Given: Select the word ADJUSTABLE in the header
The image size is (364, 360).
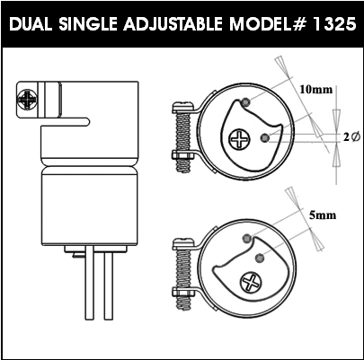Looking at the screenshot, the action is pyautogui.click(x=173, y=24).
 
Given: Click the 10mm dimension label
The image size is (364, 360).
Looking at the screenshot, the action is pyautogui.click(x=316, y=90).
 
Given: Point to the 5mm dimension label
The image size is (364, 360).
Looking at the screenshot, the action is pyautogui.click(x=323, y=215).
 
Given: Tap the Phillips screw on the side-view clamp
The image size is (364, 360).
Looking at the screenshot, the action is pyautogui.click(x=27, y=98).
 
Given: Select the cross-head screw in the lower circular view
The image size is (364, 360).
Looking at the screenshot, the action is pyautogui.click(x=251, y=282).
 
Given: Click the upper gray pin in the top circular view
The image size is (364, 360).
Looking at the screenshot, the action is pyautogui.click(x=245, y=102).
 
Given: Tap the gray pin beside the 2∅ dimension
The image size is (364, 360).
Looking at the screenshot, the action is pyautogui.click(x=264, y=137).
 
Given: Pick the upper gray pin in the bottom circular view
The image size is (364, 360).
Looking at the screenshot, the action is pyautogui.click(x=247, y=239).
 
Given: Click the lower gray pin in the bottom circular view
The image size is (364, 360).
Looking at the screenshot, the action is pyautogui.click(x=260, y=258).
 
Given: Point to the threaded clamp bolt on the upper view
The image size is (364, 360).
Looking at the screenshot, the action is pyautogui.click(x=182, y=137).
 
